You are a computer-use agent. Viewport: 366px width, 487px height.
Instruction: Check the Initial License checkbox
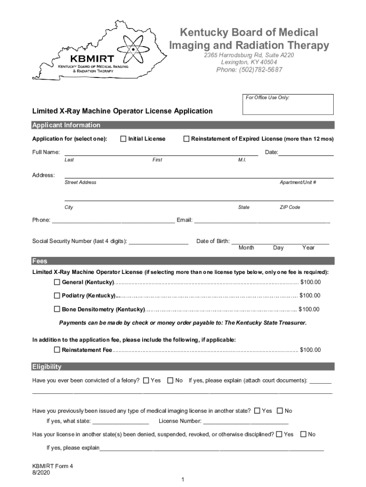[124, 139]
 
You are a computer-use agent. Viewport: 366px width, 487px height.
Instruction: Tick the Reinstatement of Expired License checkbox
[186, 139]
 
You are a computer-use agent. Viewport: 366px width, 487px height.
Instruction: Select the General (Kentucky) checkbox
[57, 282]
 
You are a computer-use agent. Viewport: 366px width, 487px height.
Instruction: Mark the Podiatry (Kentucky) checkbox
[57, 296]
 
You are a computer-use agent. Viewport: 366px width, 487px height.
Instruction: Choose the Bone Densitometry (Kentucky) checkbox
[57, 309]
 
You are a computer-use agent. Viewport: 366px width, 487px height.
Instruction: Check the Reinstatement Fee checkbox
[57, 350]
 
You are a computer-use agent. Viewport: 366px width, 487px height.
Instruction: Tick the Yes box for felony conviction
[146, 380]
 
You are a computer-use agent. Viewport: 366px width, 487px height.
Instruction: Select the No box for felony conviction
[171, 380]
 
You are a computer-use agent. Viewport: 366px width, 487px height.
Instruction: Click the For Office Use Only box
[288, 105]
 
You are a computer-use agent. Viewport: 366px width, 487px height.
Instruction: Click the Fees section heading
[40, 261]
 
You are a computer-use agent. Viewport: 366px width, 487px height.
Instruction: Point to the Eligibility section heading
[47, 367]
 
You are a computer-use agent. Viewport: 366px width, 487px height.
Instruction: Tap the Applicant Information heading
[66, 125]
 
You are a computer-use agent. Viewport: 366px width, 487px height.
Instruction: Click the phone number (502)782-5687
[249, 70]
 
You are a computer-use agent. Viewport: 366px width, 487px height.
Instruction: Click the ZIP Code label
[290, 207]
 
